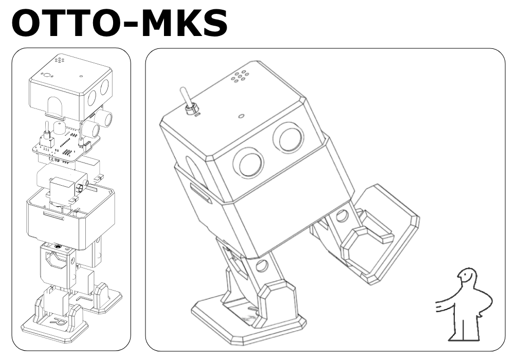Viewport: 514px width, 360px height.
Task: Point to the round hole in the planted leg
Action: click(261, 266)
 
